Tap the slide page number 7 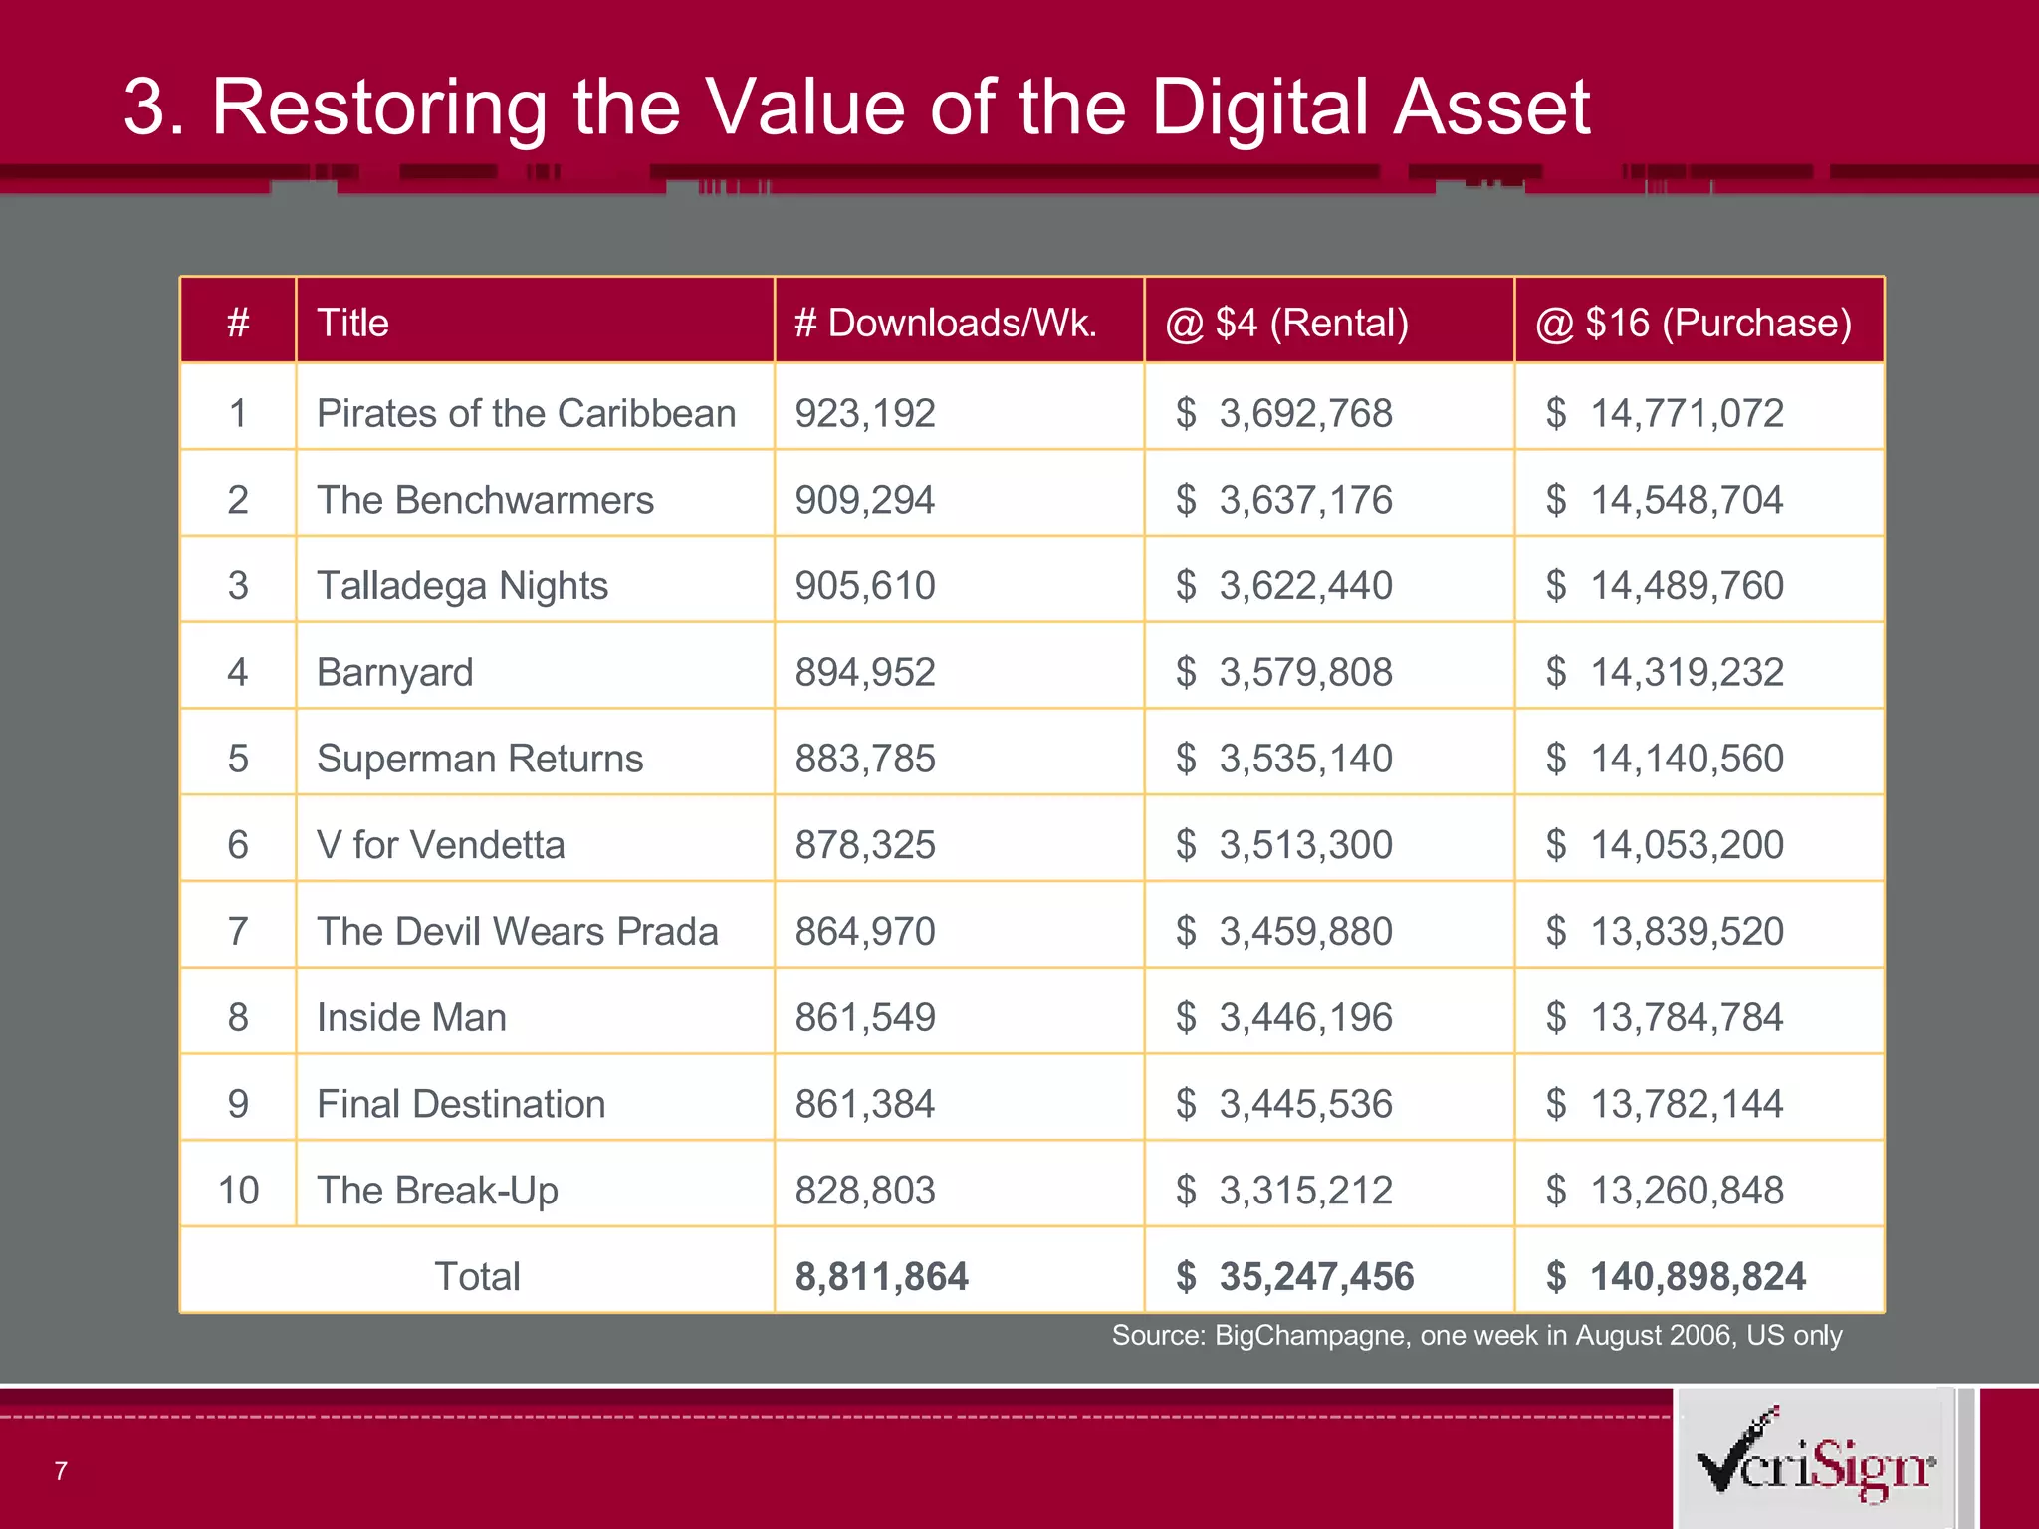(x=61, y=1471)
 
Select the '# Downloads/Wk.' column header (x=945, y=323)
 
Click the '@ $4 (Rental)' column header (x=1286, y=323)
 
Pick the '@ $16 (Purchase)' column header (x=1693, y=323)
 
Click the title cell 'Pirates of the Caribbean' (x=526, y=413)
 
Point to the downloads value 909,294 (x=864, y=500)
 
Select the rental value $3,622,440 (x=1284, y=585)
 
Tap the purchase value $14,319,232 (x=1665, y=672)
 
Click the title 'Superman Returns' (x=480, y=759)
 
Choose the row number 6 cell (x=238, y=845)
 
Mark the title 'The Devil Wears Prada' (x=517, y=932)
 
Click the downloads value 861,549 (x=864, y=1017)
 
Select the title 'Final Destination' (x=461, y=1104)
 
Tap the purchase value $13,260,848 (x=1665, y=1191)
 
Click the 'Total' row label (x=477, y=1276)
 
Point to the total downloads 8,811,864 (x=881, y=1277)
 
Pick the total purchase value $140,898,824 (x=1677, y=1277)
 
